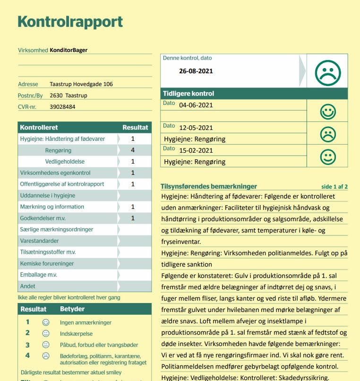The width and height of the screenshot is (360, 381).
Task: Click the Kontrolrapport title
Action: pyautogui.click(x=70, y=22)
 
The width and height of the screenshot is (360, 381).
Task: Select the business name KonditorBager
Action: pyautogui.click(x=69, y=50)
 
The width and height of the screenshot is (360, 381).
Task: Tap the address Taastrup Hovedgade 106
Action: pyautogui.click(x=81, y=84)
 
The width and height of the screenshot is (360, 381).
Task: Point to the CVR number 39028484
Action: pyautogui.click(x=62, y=106)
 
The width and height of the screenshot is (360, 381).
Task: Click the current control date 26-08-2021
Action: pyautogui.click(x=196, y=71)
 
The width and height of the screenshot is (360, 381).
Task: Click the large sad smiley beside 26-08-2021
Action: pyautogui.click(x=327, y=72)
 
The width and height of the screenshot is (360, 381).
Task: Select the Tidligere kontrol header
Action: pyautogui.click(x=189, y=94)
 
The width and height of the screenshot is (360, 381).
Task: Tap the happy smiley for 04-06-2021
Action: pyautogui.click(x=327, y=112)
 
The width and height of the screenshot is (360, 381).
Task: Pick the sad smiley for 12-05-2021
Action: pyautogui.click(x=327, y=134)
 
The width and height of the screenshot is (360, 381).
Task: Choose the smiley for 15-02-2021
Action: pyautogui.click(x=327, y=156)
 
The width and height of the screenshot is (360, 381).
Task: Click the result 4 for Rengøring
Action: pyautogui.click(x=133, y=150)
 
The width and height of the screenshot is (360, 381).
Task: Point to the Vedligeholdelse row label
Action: pyautogui.click(x=65, y=162)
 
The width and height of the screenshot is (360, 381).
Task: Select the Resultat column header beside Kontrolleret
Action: pyautogui.click(x=135, y=127)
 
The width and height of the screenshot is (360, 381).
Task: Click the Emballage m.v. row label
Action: pyautogui.click(x=38, y=275)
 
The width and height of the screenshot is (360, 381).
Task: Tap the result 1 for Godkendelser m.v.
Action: pyautogui.click(x=133, y=218)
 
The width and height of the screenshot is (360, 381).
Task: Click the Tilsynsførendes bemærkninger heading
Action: pyautogui.click(x=209, y=186)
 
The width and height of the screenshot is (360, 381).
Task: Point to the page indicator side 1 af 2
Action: pyautogui.click(x=334, y=187)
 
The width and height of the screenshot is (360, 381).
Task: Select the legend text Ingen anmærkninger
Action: pyautogui.click(x=86, y=322)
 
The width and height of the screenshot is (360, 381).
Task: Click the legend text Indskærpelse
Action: pyautogui.click(x=76, y=333)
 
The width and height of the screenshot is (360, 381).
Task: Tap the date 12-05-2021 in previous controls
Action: pyautogui.click(x=196, y=128)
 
